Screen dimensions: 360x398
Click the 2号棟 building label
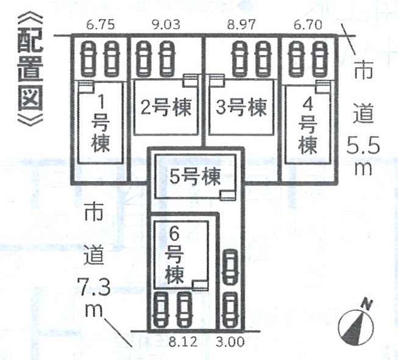pyautogui.click(x=166, y=109)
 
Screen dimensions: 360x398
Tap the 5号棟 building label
pyautogui.click(x=194, y=177)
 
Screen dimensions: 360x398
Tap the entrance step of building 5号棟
pyautogui.click(x=228, y=195)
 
